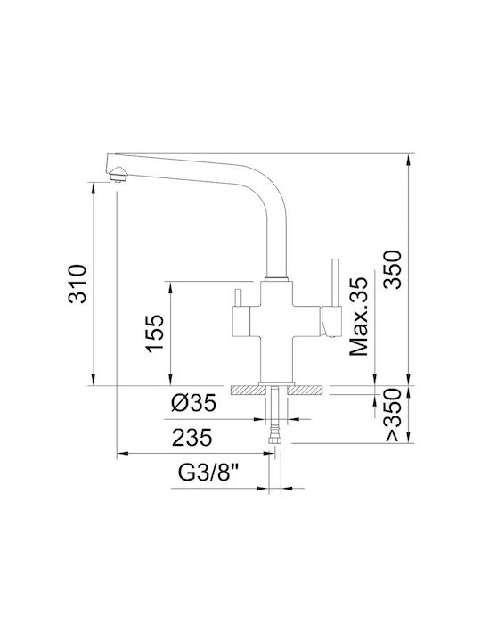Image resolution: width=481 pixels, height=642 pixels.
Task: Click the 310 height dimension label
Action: pyautogui.click(x=77, y=284)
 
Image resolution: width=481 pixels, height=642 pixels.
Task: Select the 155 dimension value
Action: pyautogui.click(x=155, y=333)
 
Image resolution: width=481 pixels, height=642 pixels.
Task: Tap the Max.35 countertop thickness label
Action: pyautogui.click(x=358, y=317)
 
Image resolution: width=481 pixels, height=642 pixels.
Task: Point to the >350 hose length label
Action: pyautogui.click(x=392, y=415)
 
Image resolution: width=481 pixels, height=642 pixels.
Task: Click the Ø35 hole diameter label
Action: pyautogui.click(x=193, y=404)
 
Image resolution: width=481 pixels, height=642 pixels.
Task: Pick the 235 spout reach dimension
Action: pyautogui.click(x=192, y=438)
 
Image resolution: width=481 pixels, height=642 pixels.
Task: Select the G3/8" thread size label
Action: pyautogui.click(x=208, y=473)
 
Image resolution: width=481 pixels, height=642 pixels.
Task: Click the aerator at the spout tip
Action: pyautogui.click(x=119, y=177)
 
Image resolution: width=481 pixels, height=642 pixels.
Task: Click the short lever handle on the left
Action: pyautogui.click(x=238, y=298)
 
